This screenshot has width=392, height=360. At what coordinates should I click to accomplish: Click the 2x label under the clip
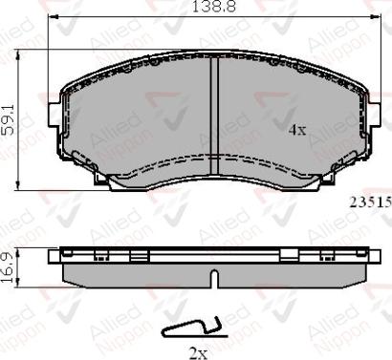(x=199, y=351)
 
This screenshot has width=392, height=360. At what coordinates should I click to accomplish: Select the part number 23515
(x=368, y=202)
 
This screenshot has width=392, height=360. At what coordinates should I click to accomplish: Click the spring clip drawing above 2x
(x=191, y=328)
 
